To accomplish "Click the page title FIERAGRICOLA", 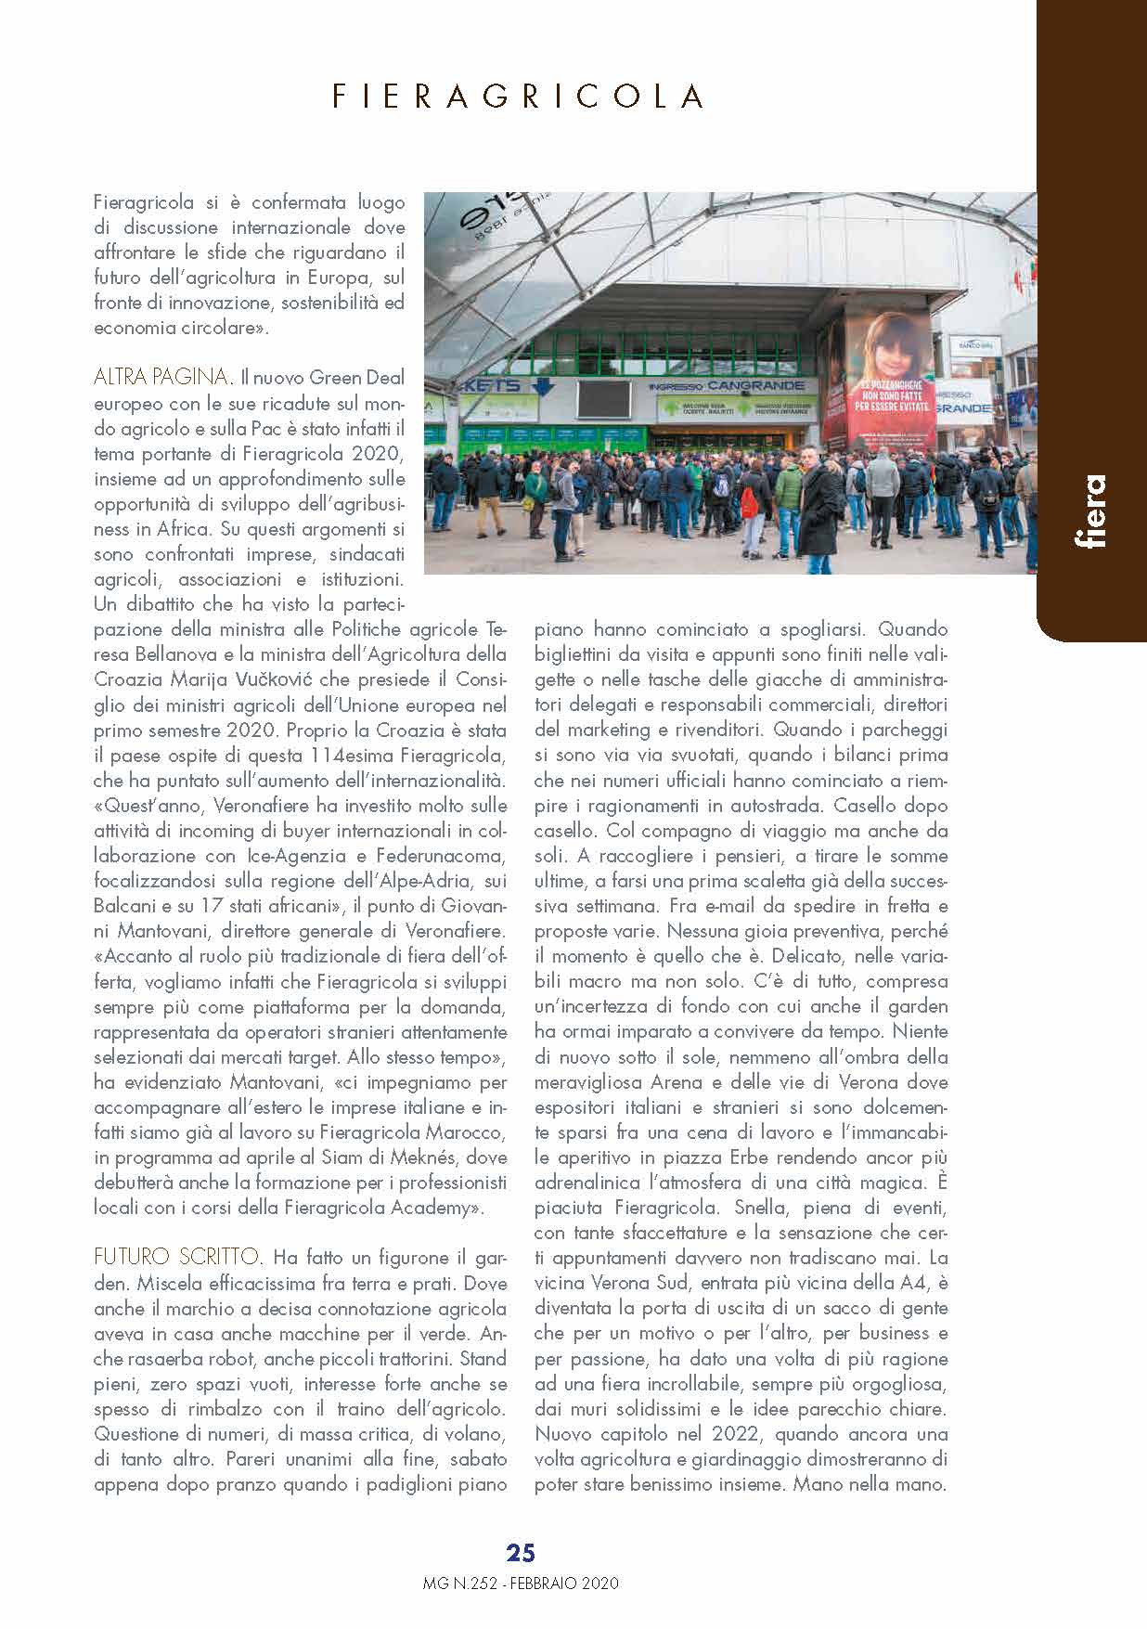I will pyautogui.click(x=518, y=97).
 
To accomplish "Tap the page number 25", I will pyautogui.click(x=521, y=1553).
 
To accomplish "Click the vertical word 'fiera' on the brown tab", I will pyautogui.click(x=1090, y=511).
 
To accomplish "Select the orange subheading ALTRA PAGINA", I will pyautogui.click(x=162, y=377).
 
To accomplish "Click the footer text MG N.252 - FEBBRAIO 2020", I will pyautogui.click(x=521, y=1583).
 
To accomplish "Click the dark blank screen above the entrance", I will pyautogui.click(x=607, y=400).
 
